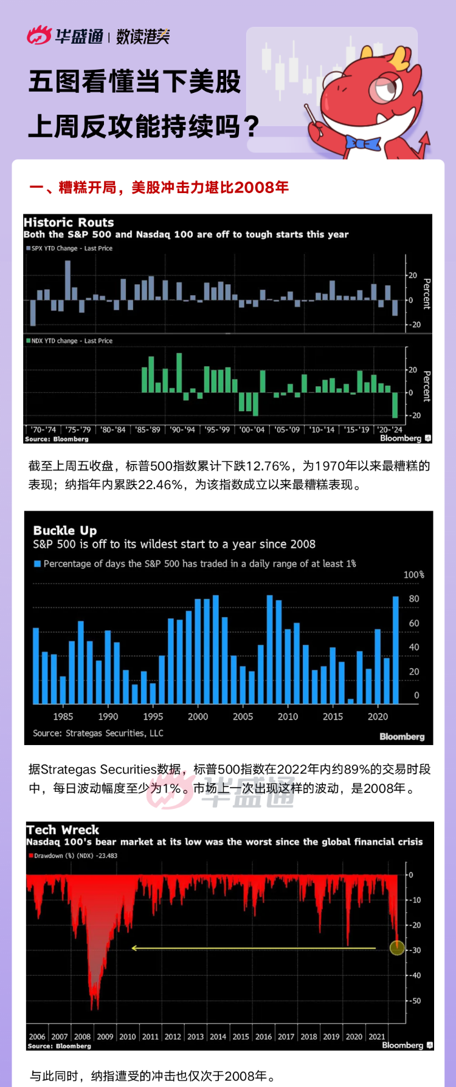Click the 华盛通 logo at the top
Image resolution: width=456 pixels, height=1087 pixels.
65,36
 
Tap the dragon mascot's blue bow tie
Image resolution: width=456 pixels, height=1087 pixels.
362,143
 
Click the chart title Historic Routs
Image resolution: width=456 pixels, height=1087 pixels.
69,222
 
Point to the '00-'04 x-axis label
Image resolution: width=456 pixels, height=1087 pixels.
252,429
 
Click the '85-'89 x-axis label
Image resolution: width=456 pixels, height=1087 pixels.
148,429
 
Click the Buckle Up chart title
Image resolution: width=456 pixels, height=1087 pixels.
64,531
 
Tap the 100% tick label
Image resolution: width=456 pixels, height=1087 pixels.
413,574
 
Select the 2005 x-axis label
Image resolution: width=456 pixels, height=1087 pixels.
243,717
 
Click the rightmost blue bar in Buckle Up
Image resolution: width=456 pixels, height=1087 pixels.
396,650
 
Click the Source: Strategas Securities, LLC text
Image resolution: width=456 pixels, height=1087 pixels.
98,733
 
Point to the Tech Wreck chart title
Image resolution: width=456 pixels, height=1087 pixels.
63,830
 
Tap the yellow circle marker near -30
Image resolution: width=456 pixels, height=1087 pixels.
396,947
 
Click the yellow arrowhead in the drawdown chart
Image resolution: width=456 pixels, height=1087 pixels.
134,948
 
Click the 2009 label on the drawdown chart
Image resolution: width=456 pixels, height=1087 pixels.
105,1037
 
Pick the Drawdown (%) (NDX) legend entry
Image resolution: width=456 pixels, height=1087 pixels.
74,856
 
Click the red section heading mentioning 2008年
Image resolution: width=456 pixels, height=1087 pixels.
159,187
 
